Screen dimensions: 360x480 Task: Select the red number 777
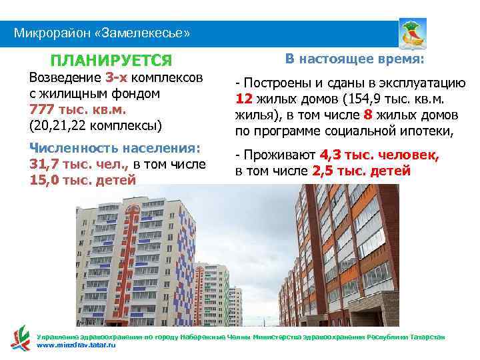point(42,109)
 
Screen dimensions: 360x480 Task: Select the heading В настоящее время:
point(354,59)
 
